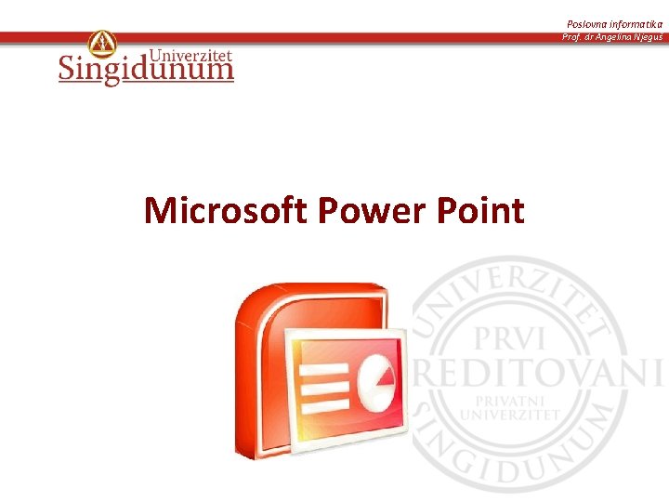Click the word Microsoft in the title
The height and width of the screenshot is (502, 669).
point(226,211)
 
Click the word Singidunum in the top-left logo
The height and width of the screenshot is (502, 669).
point(146,70)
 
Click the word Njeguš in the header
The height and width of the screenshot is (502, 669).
point(648,37)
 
